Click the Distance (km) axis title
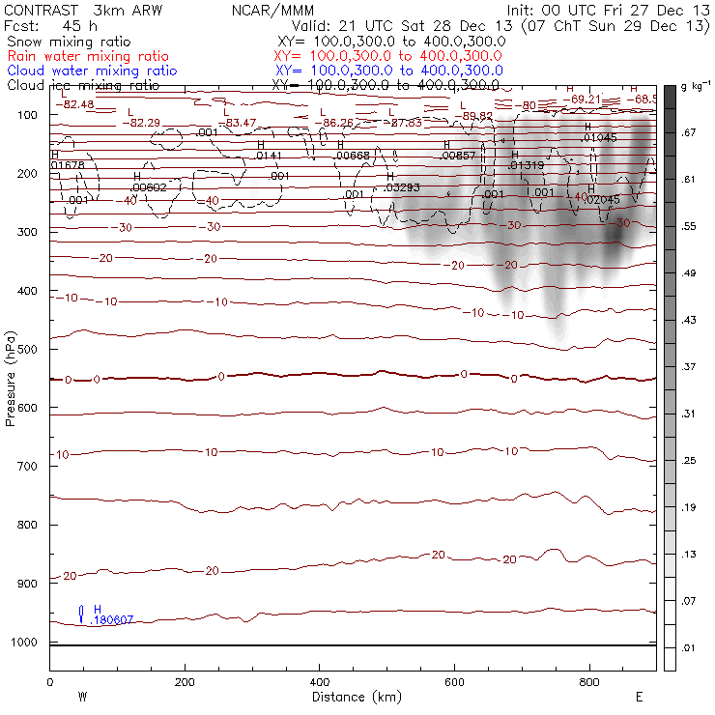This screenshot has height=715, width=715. tap(352, 697)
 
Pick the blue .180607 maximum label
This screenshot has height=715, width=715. tap(110, 620)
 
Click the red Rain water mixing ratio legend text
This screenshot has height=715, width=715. tap(91, 56)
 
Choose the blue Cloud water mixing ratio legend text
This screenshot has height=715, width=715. tap(91, 71)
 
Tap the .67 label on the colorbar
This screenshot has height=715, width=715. tap(689, 132)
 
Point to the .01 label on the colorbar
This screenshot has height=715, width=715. tap(689, 646)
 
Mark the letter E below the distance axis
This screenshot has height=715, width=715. tap(639, 697)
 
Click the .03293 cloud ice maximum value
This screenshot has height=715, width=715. tap(402, 187)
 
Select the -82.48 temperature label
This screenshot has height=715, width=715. tap(75, 104)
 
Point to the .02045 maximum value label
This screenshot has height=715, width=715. tap(603, 199)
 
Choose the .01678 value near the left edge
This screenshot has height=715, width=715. tap(68, 165)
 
